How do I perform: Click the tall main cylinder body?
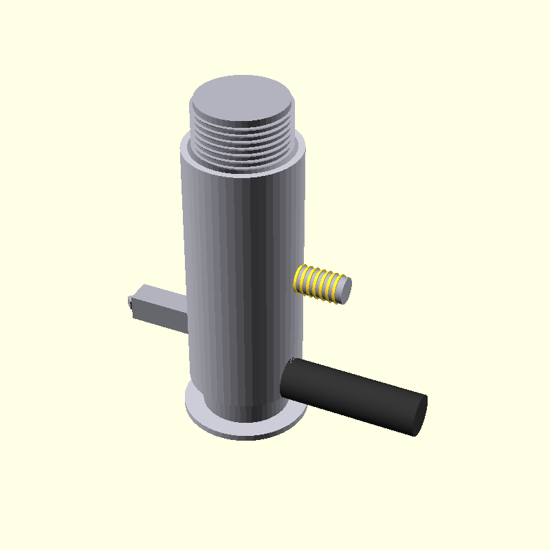(241, 275)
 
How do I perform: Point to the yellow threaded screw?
(320, 284)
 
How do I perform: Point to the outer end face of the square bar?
(130, 304)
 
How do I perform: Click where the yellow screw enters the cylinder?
(297, 278)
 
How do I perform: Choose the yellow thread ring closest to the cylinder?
(300, 278)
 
